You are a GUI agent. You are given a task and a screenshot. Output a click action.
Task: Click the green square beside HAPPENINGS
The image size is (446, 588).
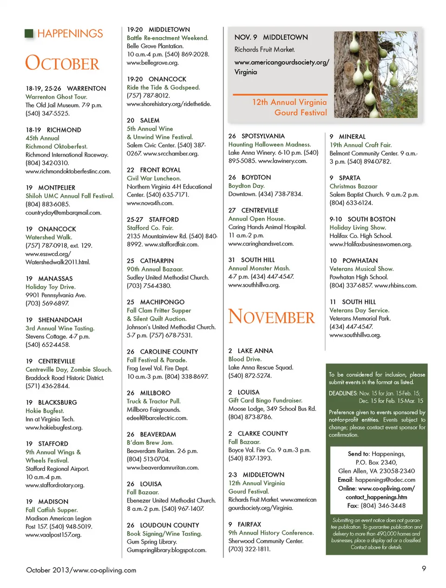point(29,33)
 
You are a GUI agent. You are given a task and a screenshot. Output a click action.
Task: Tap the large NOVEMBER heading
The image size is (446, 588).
point(271,317)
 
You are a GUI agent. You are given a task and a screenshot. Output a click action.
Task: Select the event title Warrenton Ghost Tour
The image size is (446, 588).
point(56,97)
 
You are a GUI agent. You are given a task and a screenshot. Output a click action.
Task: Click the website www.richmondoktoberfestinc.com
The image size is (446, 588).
point(68,171)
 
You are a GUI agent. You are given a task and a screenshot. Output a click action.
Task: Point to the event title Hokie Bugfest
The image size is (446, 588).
point(45,411)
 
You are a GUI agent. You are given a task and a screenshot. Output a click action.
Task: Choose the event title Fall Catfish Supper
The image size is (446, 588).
point(52,510)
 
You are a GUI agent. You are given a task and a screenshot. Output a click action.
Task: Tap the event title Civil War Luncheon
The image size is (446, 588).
point(154,178)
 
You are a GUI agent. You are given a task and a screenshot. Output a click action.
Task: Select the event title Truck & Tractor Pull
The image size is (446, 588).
point(154,401)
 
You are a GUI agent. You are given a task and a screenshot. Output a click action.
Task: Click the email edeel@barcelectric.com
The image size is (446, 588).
point(157,418)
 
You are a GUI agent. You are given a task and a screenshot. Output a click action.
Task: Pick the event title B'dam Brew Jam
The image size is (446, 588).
point(150,443)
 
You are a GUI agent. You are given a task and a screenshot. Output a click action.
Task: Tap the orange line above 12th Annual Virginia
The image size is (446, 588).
point(280,94)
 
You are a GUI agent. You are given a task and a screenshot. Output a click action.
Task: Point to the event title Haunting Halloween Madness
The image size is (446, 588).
point(269,145)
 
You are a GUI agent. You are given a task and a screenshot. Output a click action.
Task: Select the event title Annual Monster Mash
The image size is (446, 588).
point(259,268)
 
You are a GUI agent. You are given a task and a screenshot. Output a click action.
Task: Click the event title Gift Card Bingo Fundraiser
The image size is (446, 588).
point(265,400)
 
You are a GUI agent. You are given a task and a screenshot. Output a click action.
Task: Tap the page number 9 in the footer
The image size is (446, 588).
point(424,568)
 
